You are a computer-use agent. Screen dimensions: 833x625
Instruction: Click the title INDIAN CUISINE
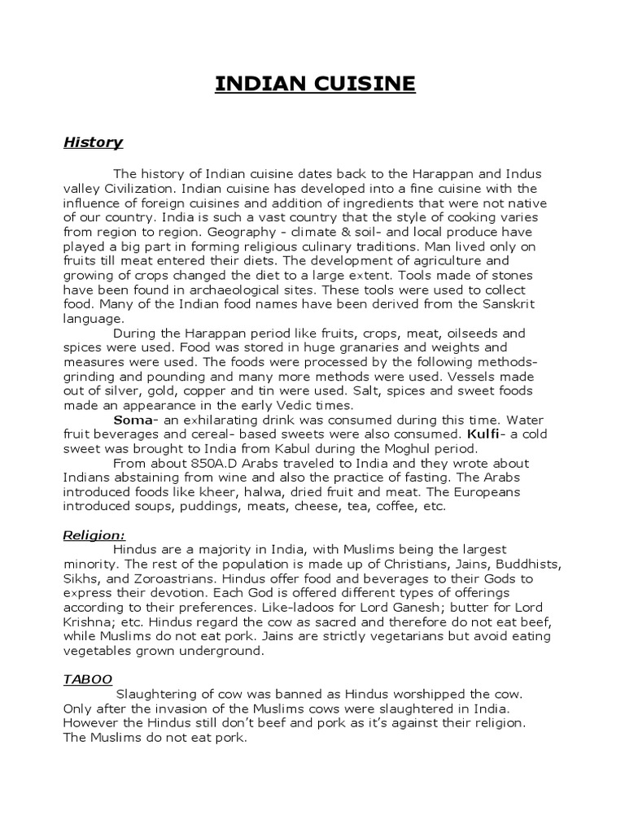tap(315, 84)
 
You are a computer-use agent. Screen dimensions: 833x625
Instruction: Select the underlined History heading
tap(93, 142)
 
